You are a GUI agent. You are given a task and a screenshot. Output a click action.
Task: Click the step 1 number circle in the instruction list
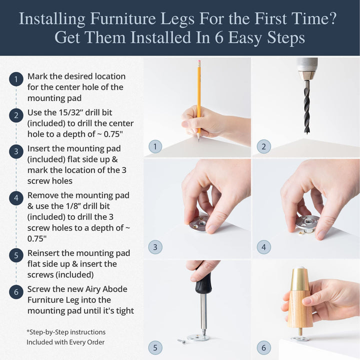(16, 79)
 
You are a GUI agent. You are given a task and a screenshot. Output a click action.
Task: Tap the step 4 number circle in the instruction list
(16, 198)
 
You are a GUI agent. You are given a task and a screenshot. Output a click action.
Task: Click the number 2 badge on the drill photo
(263, 146)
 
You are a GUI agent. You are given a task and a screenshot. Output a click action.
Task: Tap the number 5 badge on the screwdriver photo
(155, 347)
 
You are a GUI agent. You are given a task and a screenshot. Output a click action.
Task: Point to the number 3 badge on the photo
(155, 246)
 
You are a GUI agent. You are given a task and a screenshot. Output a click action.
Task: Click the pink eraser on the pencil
(198, 63)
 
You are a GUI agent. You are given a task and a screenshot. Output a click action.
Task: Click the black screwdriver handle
(203, 283)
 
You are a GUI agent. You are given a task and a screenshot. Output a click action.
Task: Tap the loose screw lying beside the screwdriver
(181, 341)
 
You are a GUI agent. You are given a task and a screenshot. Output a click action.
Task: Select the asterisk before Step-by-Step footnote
(28, 331)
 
